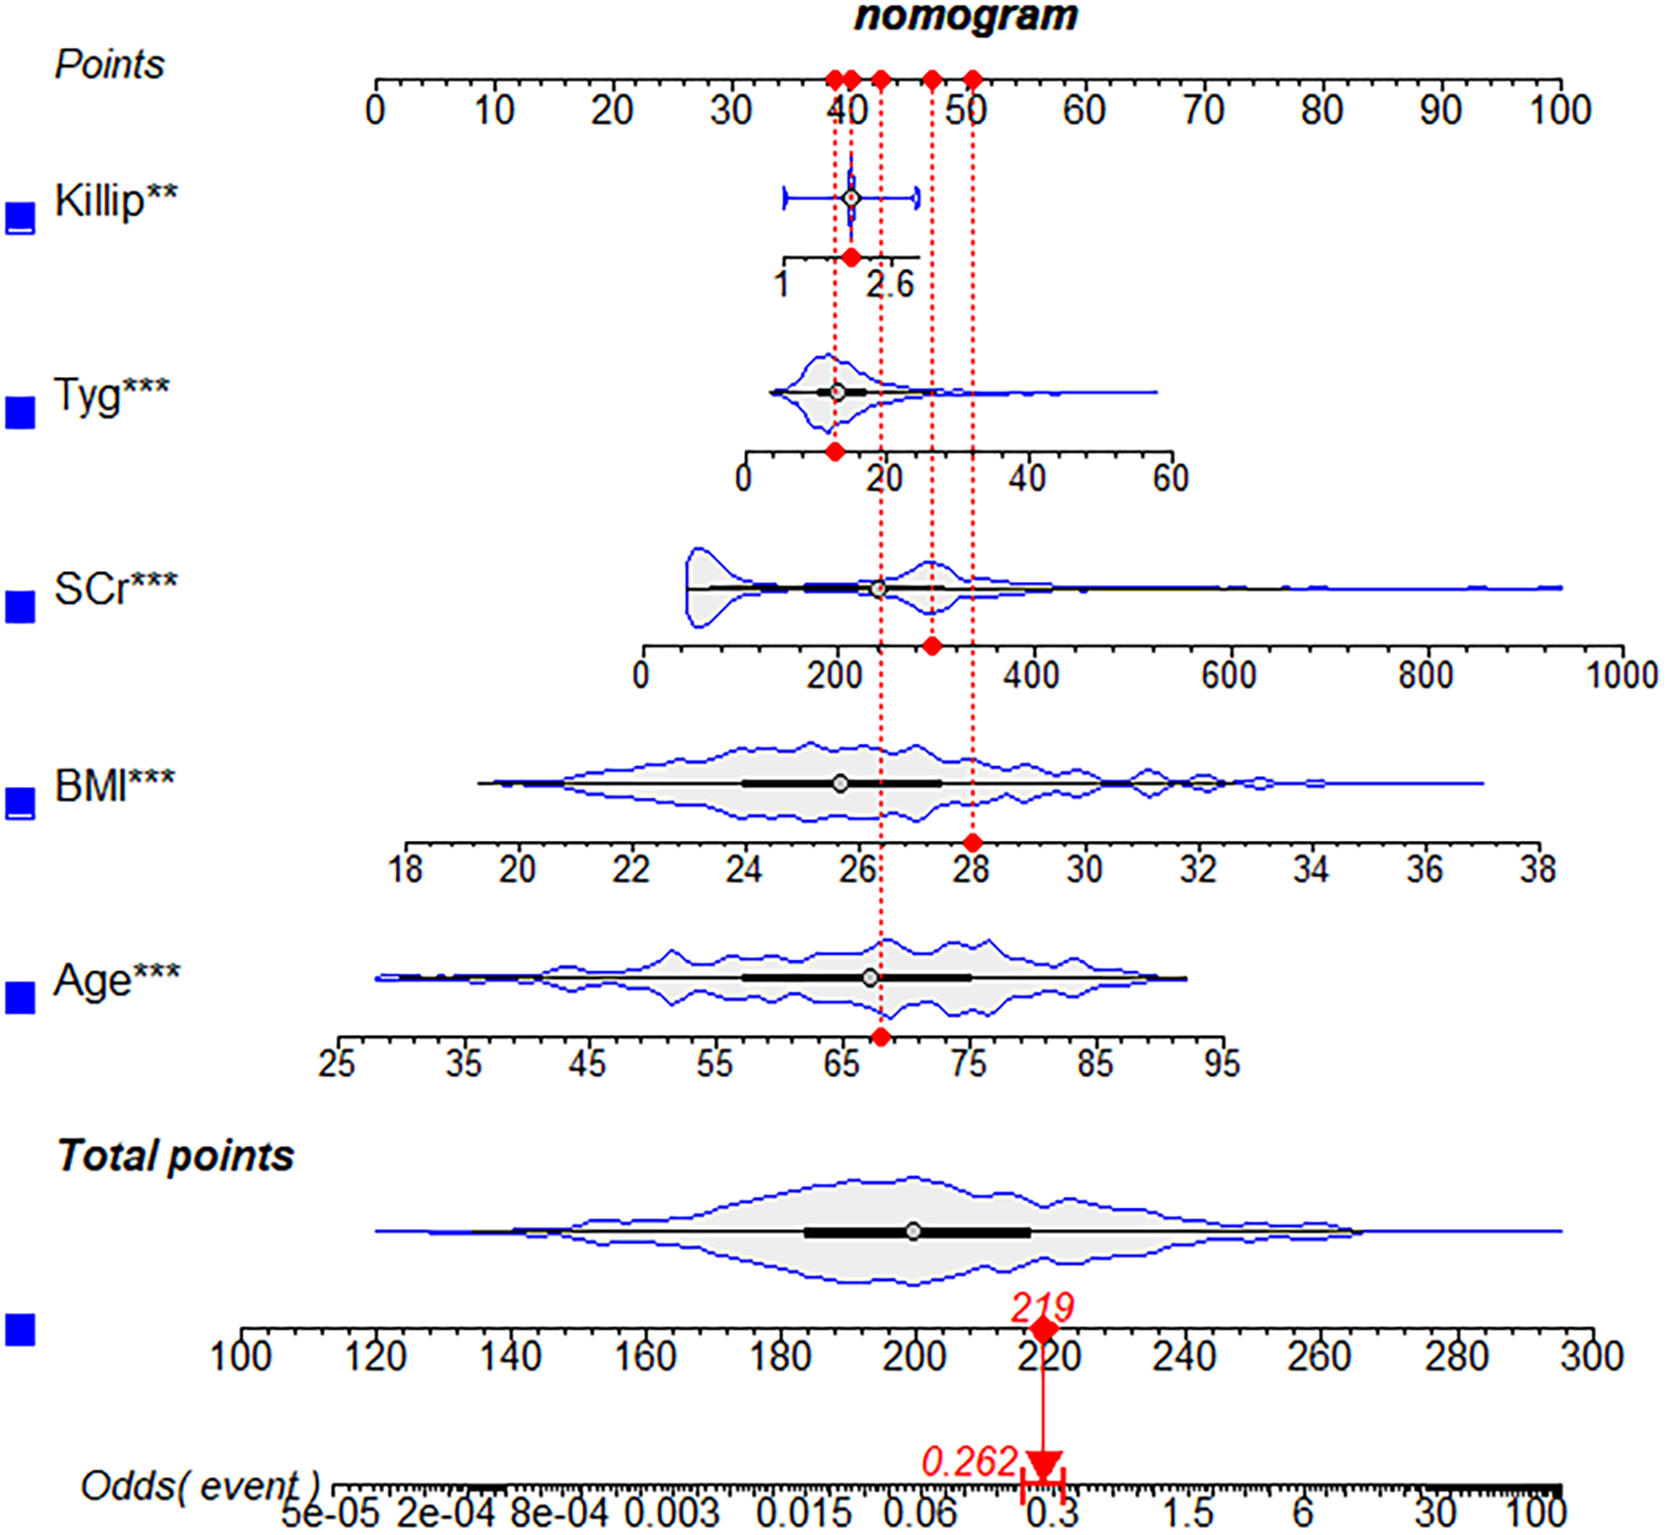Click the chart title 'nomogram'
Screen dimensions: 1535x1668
point(965,16)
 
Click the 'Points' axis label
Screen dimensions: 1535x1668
point(109,65)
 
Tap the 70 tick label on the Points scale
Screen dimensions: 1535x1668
point(1203,111)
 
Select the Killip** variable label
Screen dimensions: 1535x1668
point(115,200)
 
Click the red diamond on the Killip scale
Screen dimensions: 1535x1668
point(851,258)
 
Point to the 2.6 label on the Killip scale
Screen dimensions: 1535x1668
point(890,285)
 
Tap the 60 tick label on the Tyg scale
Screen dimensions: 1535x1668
point(1170,479)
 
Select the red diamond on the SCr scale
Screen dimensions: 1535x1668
point(932,646)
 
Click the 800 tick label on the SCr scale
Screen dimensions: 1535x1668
point(1425,675)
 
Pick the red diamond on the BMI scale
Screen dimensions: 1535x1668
point(972,843)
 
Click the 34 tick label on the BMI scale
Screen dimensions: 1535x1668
point(1310,870)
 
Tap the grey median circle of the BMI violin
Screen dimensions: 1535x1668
point(840,783)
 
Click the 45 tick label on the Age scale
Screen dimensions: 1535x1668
point(587,1064)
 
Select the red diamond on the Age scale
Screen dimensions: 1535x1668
point(881,1037)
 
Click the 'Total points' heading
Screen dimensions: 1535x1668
point(175,1156)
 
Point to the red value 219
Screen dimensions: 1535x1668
point(1042,1307)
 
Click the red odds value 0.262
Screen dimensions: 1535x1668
point(969,1462)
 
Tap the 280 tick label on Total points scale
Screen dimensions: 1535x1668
point(1456,1357)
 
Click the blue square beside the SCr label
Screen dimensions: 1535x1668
point(21,608)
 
